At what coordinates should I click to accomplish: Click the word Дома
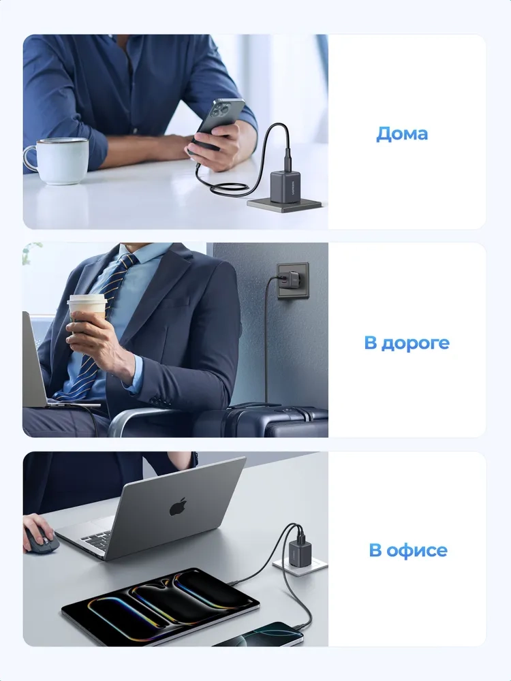(x=402, y=133)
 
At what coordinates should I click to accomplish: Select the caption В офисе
(x=408, y=550)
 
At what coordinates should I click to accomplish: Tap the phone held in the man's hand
(x=219, y=123)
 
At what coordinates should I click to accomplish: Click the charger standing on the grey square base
(x=284, y=187)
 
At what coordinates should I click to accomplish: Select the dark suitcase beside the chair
(x=277, y=422)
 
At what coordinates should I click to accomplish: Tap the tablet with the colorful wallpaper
(x=160, y=605)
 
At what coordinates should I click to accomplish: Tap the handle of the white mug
(x=31, y=158)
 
